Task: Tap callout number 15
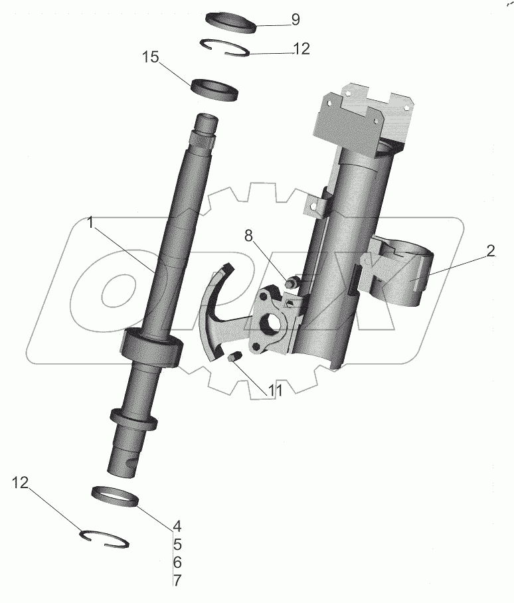pyautogui.click(x=151, y=58)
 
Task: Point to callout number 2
pyautogui.click(x=490, y=251)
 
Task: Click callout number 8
pyautogui.click(x=249, y=234)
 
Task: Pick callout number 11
pyautogui.click(x=274, y=390)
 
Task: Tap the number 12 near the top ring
pyautogui.click(x=301, y=49)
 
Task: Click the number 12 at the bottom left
pyautogui.click(x=21, y=483)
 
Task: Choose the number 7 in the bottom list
pyautogui.click(x=177, y=580)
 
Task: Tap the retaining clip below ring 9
pyautogui.click(x=226, y=48)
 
